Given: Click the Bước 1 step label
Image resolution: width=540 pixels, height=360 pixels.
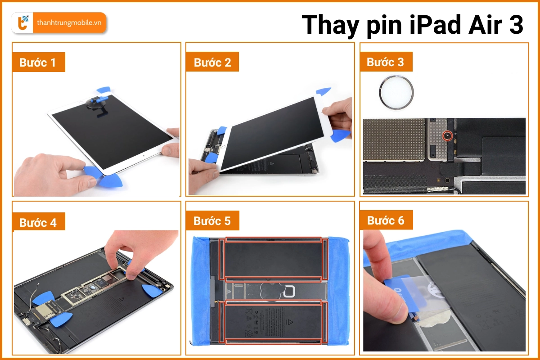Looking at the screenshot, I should [x=38, y=63].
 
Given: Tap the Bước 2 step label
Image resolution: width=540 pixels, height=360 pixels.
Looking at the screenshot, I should [x=212, y=63].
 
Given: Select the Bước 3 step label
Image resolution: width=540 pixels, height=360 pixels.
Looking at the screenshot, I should [x=386, y=62].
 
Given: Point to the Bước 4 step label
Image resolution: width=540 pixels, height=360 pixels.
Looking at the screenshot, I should [x=38, y=222].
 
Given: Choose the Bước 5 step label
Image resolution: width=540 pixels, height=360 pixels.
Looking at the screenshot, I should [x=212, y=221].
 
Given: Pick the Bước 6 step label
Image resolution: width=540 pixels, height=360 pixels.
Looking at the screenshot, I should [x=386, y=220].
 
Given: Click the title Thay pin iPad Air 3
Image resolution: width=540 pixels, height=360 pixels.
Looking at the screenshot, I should [x=412, y=25].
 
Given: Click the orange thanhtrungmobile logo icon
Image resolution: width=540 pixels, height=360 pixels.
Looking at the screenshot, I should [x=21, y=23].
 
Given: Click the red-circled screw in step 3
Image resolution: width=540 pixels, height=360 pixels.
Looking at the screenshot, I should [x=447, y=135].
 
